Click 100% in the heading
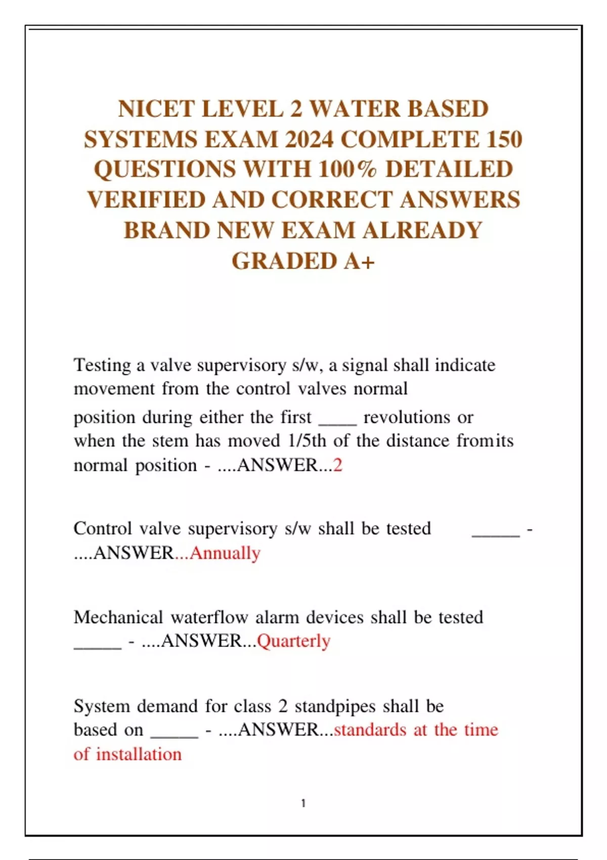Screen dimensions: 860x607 pos(348,169)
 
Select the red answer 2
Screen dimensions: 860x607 pos(338,465)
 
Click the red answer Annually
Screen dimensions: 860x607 pos(225,553)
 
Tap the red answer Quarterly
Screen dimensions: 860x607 pos(293,641)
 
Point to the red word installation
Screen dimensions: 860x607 pos(139,754)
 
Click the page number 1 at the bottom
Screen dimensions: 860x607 pos(303,803)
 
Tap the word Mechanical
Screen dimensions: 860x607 pos(118,617)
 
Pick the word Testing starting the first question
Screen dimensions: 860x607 pos(103,365)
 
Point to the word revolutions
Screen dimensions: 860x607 pos(407,417)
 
